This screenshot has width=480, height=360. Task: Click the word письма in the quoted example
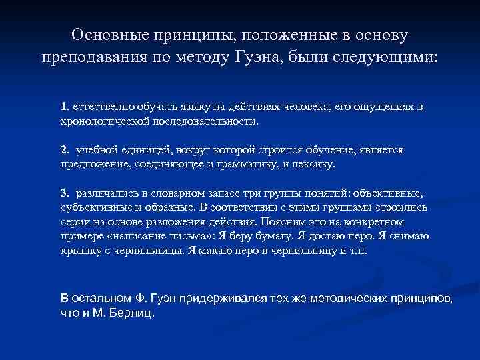(185, 237)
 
